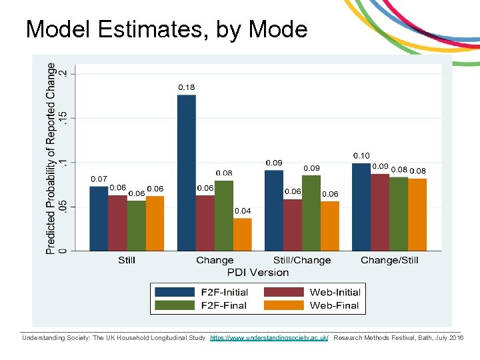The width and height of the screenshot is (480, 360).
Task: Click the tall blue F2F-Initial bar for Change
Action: click(187, 173)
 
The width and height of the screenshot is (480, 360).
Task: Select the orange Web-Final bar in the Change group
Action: click(243, 235)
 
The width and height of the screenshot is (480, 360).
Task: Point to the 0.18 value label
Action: click(187, 87)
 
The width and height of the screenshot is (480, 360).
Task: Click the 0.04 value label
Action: click(243, 211)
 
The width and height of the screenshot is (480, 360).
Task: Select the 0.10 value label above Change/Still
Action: click(361, 155)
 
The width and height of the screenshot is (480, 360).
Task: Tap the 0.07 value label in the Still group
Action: click(99, 179)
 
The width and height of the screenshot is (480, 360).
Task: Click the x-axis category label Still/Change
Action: click(302, 260)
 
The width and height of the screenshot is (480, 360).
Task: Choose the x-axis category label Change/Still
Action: click(389, 260)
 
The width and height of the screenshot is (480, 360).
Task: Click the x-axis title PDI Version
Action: click(258, 272)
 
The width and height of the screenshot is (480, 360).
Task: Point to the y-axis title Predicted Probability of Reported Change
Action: click(51, 158)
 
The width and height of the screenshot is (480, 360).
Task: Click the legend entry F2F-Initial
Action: click(224, 292)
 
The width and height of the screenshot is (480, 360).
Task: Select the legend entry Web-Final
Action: click(334, 305)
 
